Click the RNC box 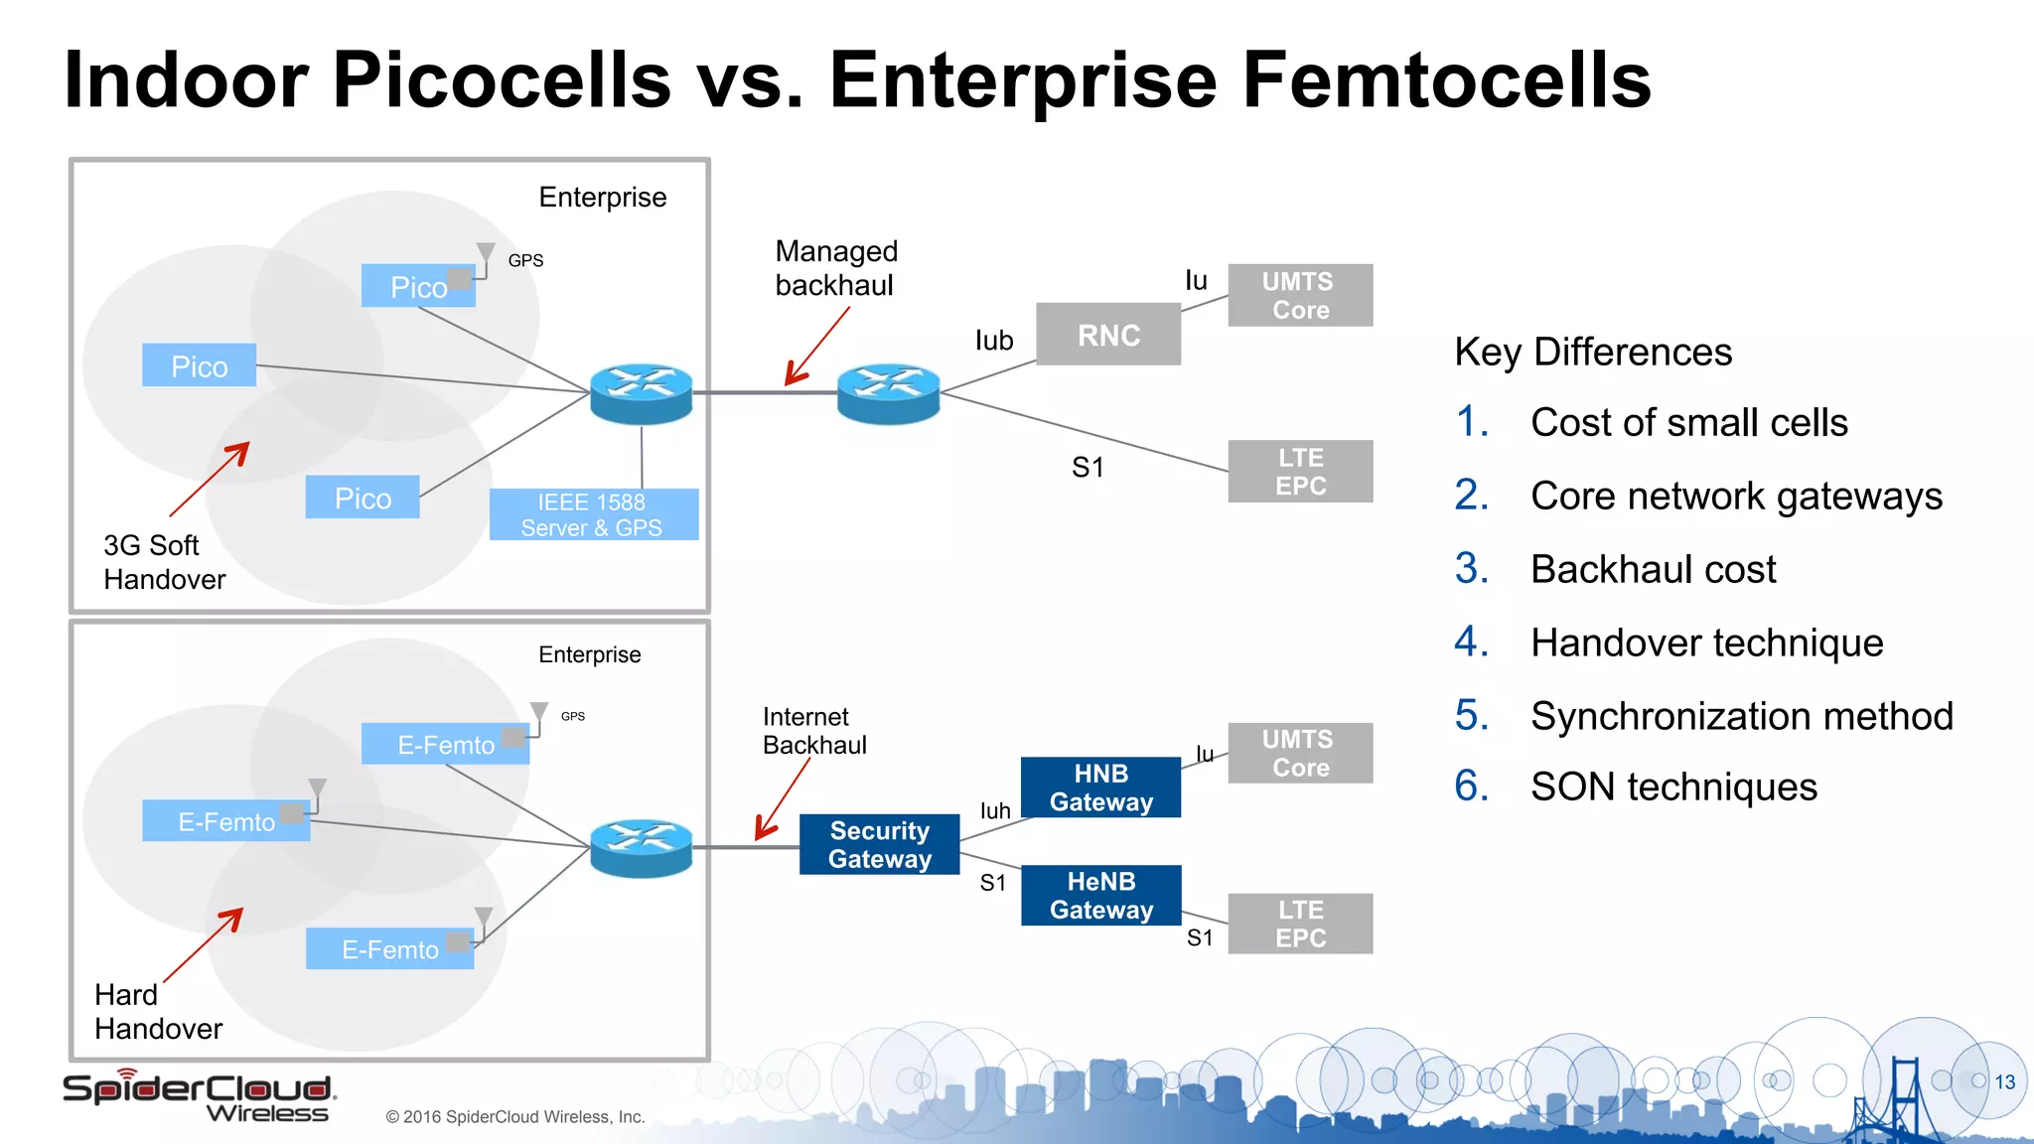[1108, 335]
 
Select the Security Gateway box [879, 844]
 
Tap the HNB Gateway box [1100, 787]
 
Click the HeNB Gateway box [1100, 896]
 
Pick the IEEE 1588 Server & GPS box [593, 514]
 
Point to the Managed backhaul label [835, 268]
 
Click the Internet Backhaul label [814, 731]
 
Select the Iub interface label [993, 341]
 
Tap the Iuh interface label [995, 810]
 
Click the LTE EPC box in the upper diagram [1300, 472]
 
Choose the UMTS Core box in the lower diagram [1300, 754]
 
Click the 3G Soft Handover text [164, 562]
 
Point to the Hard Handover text [158, 1012]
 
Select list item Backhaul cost [1653, 570]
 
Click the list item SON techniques [1673, 787]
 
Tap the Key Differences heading [1593, 353]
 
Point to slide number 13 [2004, 1082]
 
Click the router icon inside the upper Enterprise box [641, 393]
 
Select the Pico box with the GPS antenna [418, 286]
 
